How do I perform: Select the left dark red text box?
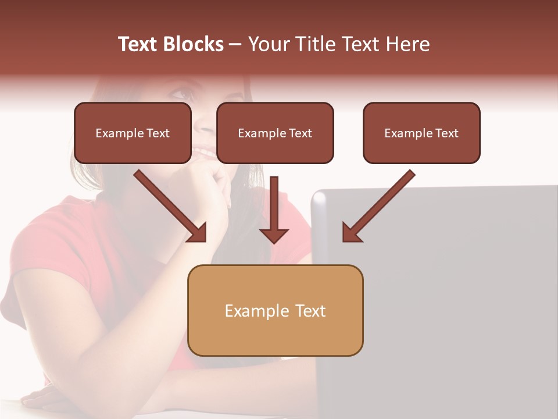133,133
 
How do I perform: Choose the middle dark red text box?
275,133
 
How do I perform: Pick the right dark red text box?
421,133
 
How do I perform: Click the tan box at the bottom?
275,310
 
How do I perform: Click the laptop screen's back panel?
442,291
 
